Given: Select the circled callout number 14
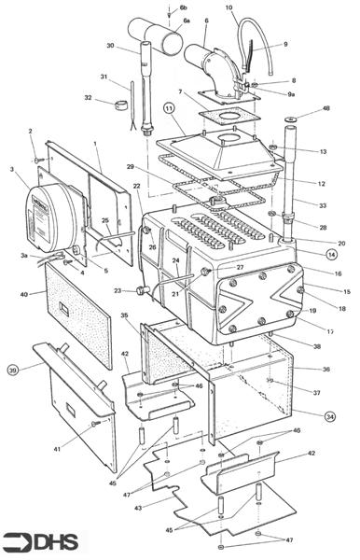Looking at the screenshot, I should [331, 253].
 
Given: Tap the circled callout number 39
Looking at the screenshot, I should [13, 370].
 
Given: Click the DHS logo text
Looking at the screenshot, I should [55, 539].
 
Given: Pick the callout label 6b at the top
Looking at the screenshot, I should [183, 7].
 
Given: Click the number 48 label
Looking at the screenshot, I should [325, 109].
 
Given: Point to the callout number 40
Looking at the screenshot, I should [22, 295].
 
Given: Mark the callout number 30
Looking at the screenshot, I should [109, 46].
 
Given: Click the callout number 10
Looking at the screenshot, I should [228, 7].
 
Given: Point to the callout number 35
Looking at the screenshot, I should [124, 316].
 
